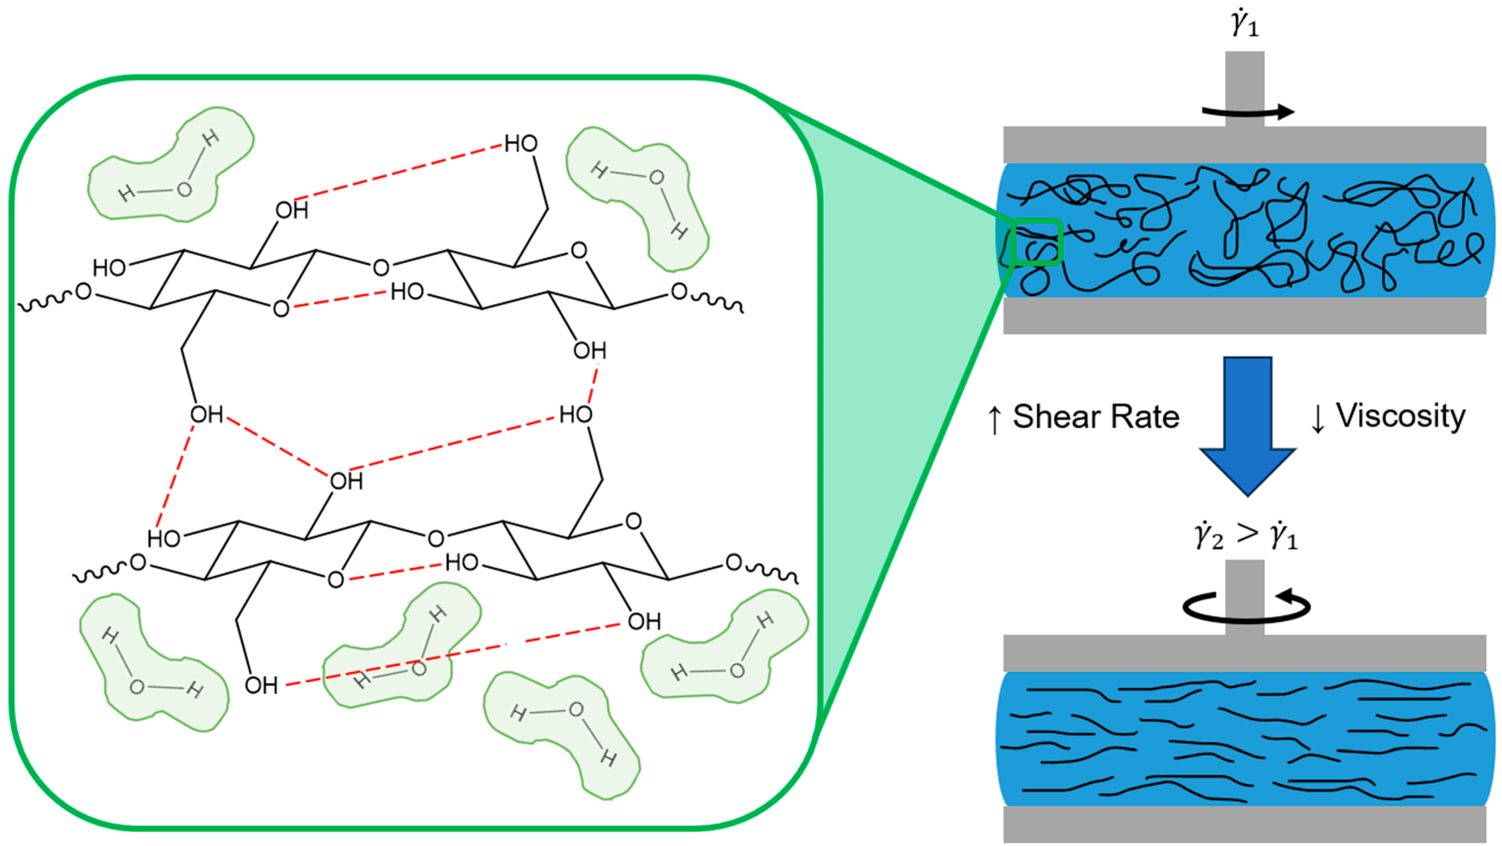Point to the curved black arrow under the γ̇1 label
click(x=1248, y=112)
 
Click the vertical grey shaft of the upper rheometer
click(x=1244, y=88)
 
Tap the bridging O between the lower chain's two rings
click(x=436, y=538)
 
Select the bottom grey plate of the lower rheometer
click(x=1244, y=824)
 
